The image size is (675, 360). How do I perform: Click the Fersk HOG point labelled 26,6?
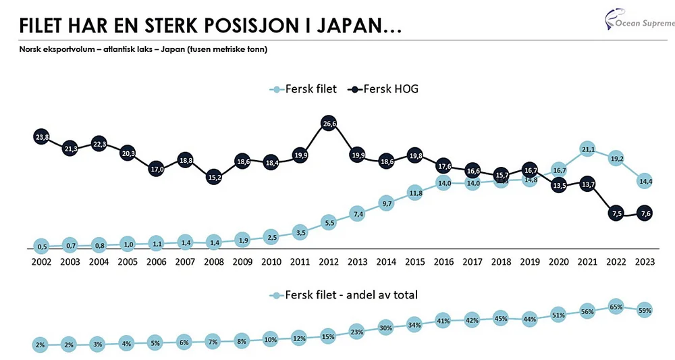coord(328,124)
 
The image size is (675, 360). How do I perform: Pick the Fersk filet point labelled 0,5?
coord(41,246)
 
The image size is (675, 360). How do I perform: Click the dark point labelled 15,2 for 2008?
coord(213,178)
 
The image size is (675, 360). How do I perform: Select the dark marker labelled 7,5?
coord(616,213)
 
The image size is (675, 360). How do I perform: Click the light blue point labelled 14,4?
coord(645,182)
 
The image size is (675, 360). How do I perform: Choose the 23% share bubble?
coord(357,332)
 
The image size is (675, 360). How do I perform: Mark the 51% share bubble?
coord(558,315)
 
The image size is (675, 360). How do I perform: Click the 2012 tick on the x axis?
coord(328,261)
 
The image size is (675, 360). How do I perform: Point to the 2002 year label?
coord(41,261)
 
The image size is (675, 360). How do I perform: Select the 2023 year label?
coord(645,261)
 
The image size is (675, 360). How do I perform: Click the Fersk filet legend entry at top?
coord(304,88)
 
